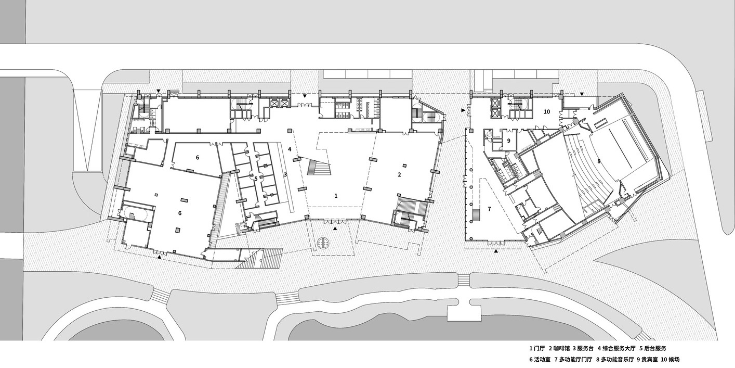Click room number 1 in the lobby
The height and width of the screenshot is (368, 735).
pyautogui.click(x=336, y=196)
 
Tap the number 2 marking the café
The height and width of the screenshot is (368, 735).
pyautogui.click(x=399, y=175)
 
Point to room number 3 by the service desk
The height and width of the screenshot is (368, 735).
pyautogui.click(x=285, y=174)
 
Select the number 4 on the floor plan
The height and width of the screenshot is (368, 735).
pyautogui.click(x=290, y=149)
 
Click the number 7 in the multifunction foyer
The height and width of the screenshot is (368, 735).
pyautogui.click(x=489, y=209)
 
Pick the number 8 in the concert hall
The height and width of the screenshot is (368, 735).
pyautogui.click(x=599, y=161)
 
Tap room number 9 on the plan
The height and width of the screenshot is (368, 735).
pyautogui.click(x=508, y=141)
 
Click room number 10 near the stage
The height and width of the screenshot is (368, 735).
pyautogui.click(x=547, y=112)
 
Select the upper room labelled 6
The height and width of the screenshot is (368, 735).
pyautogui.click(x=197, y=157)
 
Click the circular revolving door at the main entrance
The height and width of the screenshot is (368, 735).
pyautogui.click(x=323, y=243)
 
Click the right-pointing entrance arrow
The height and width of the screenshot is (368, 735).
pyautogui.click(x=463, y=110)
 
